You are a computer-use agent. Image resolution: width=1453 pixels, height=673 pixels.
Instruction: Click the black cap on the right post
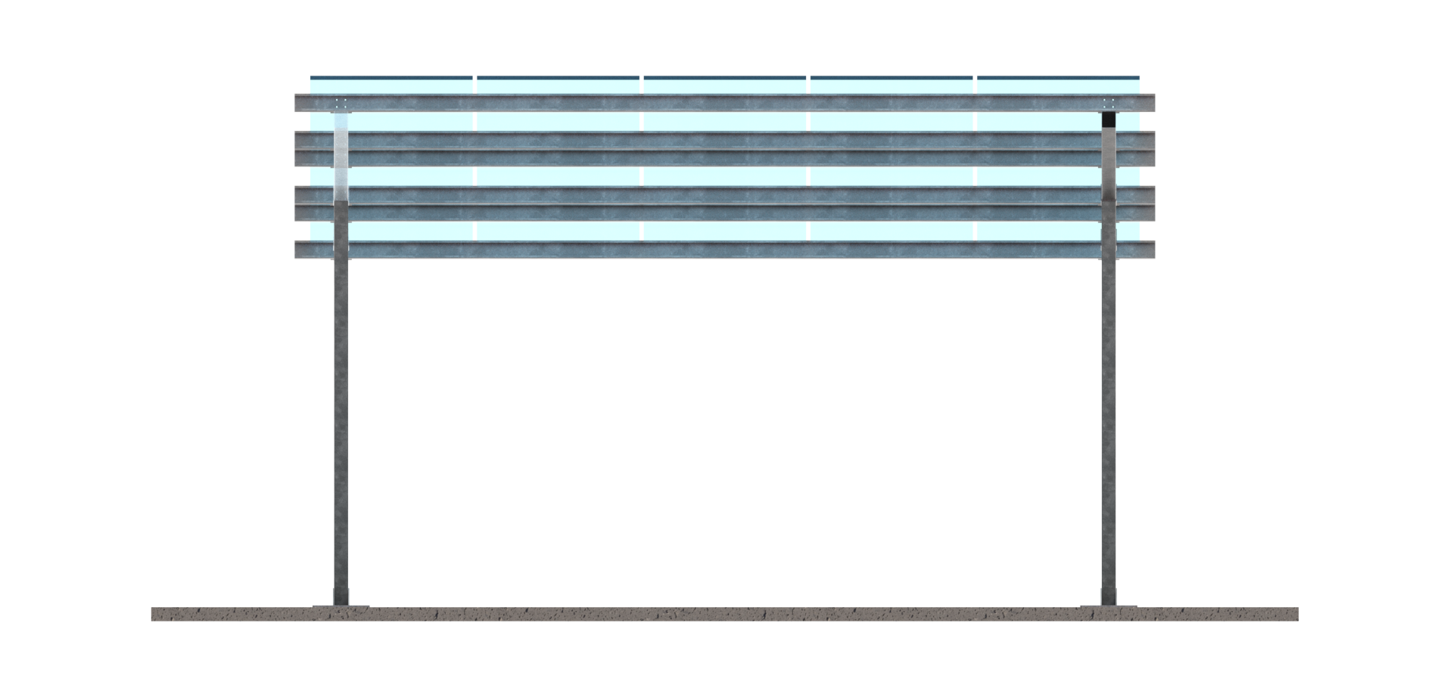pos(1109,119)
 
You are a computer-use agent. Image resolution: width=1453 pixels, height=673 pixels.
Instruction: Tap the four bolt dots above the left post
pos(341,103)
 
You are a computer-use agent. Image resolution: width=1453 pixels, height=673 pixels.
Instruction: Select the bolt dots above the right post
pos(1109,103)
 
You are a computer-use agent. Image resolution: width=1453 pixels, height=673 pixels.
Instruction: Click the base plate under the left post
pos(341,606)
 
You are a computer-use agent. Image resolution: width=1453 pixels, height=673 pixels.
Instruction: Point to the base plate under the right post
pos(1109,606)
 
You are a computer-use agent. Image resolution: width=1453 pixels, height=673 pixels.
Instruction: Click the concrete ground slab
pos(725,614)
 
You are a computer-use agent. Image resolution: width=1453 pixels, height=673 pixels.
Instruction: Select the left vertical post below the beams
pos(341,423)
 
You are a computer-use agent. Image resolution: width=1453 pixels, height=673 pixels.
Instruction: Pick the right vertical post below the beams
pos(1109,423)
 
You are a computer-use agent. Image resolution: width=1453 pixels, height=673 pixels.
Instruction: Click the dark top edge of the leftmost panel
pos(391,77)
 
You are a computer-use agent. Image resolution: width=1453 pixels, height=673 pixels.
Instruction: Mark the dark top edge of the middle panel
pos(724,77)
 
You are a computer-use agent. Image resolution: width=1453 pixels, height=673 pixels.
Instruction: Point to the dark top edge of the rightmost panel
pos(1058,77)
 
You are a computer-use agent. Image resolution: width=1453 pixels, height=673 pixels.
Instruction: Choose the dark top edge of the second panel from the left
pos(558,77)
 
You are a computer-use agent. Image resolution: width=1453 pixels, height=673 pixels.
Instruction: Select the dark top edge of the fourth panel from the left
pos(891,77)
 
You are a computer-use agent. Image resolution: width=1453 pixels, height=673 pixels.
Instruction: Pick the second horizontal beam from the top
pos(725,140)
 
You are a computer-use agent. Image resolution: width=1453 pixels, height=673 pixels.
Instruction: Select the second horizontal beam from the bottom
pos(725,213)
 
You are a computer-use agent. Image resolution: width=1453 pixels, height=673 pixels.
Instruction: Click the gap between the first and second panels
pos(474,121)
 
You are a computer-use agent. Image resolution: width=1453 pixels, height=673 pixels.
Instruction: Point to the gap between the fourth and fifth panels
pos(975,121)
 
